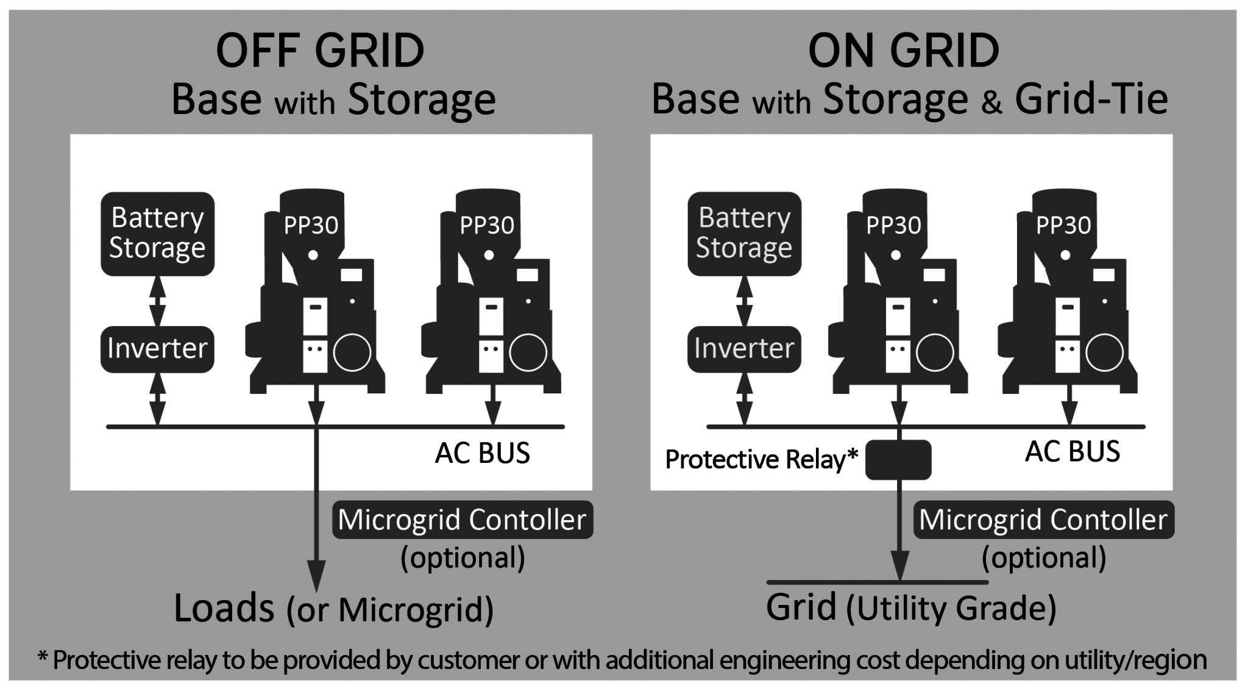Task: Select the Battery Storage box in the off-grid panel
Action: tap(157, 234)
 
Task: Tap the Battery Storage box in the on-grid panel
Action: tap(744, 234)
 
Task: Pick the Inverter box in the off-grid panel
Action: tap(157, 349)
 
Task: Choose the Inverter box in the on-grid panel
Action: tap(744, 349)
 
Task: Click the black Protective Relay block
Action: tap(898, 459)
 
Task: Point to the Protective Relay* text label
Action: tap(762, 459)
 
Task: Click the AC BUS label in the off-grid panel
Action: tap(483, 453)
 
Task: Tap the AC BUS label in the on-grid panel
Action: tap(1072, 452)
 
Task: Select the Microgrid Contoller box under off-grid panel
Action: tap(463, 520)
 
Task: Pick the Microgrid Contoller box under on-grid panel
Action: tap(1043, 520)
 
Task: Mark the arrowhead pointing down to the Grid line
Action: tap(900, 566)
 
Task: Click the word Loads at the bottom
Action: tap(224, 608)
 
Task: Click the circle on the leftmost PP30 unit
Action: tap(352, 352)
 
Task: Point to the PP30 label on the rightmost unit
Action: tap(1063, 226)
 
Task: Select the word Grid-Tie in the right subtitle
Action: tap(1091, 99)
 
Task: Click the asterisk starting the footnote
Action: tap(43, 657)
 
